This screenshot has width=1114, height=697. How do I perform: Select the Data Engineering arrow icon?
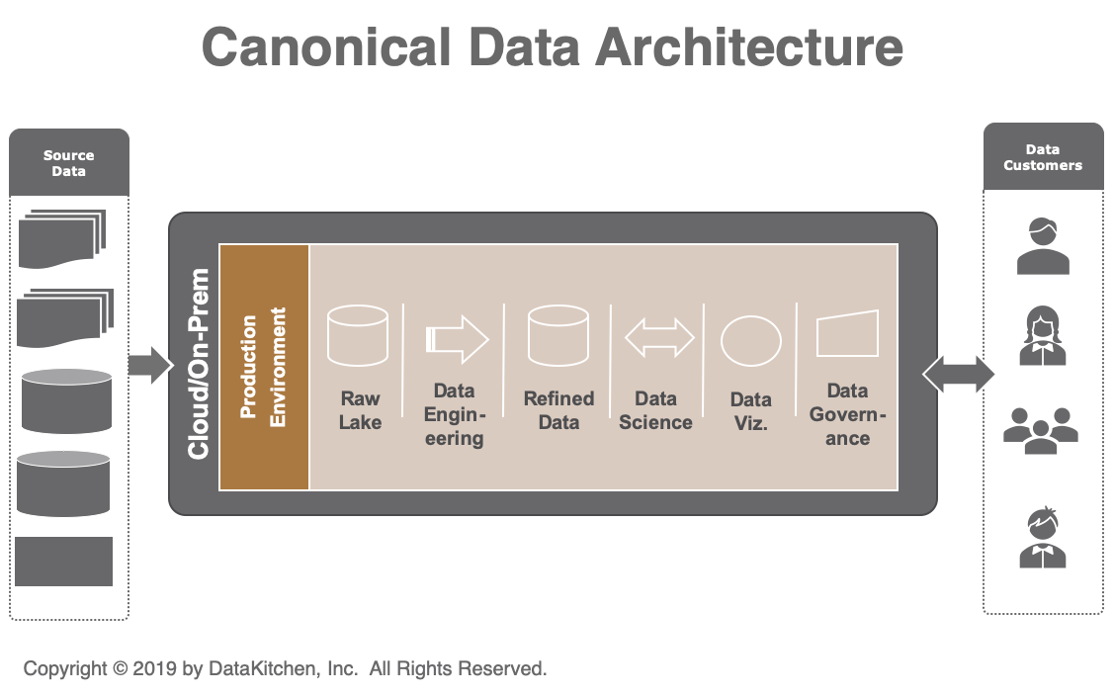[x=457, y=338]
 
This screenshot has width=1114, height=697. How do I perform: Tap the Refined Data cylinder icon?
[x=558, y=336]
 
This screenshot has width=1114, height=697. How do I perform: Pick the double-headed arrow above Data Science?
[x=659, y=337]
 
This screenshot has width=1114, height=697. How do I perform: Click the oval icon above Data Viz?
[x=751, y=340]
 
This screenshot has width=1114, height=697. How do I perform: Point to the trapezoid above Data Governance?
[x=847, y=335]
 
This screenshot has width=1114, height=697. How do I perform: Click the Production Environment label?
[x=264, y=367]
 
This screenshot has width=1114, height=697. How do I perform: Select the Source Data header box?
[x=69, y=162]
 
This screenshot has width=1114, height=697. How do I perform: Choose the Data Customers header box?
[x=1043, y=157]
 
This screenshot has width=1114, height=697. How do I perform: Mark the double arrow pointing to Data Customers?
[x=958, y=374]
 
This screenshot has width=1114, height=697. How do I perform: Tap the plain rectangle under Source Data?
[x=65, y=562]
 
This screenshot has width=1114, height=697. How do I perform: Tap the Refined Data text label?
[x=558, y=410]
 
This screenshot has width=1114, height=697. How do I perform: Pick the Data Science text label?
[x=656, y=410]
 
